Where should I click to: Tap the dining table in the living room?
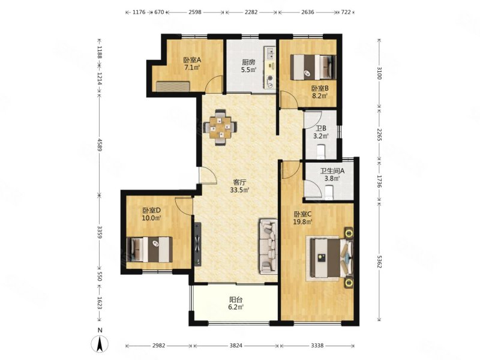[x=220, y=127]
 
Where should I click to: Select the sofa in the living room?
[x=269, y=246]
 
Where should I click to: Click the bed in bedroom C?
[x=332, y=258]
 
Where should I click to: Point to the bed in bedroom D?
[x=149, y=249]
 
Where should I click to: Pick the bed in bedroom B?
[x=313, y=67]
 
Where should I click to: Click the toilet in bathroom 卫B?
[x=320, y=152]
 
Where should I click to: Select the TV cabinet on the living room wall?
[x=198, y=244]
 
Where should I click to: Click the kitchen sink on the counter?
[x=270, y=54]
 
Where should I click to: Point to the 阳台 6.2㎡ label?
[x=236, y=303]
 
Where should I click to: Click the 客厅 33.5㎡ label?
[x=239, y=186]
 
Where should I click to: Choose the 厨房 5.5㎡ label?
[x=248, y=66]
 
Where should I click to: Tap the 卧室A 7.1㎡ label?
[x=192, y=64]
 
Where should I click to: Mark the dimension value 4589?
[x=99, y=145]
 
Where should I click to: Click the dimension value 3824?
[x=236, y=346]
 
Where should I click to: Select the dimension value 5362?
[x=379, y=262]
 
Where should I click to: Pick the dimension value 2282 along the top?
[x=251, y=12]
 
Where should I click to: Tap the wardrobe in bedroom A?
[x=173, y=86]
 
